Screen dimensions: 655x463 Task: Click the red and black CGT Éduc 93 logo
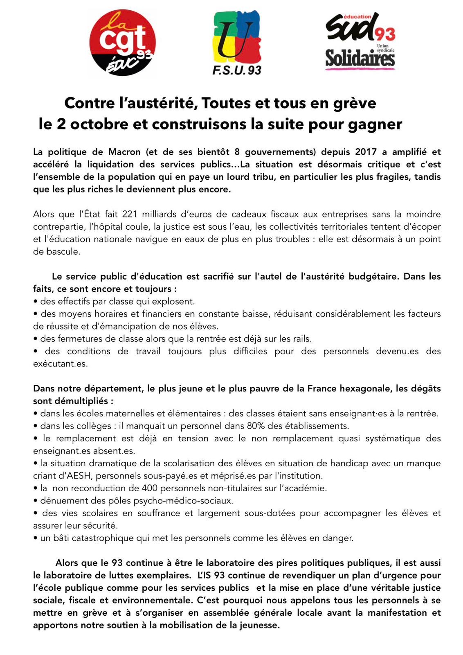click(121, 44)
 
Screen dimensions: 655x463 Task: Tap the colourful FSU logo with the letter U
click(237, 38)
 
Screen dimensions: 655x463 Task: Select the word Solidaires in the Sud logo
click(360, 59)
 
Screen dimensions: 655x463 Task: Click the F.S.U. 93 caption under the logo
click(237, 70)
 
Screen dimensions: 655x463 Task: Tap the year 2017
click(366, 152)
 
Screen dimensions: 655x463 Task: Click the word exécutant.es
click(60, 364)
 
